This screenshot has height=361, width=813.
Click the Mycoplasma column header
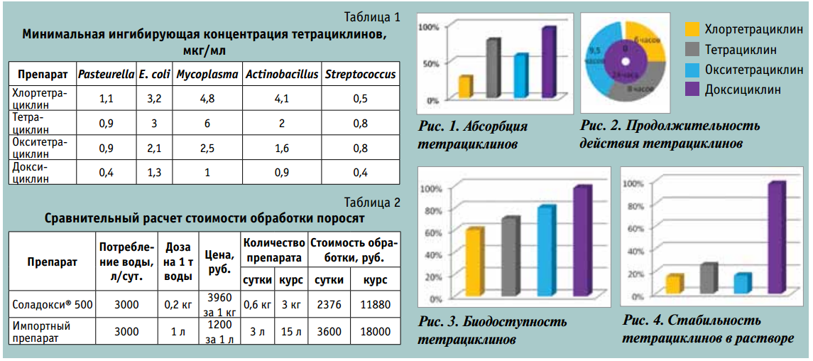tap(207, 74)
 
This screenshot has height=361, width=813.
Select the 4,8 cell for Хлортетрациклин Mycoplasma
tap(207, 99)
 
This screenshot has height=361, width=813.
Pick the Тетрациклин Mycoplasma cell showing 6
tap(207, 123)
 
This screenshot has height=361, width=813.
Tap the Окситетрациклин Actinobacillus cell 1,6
tap(282, 148)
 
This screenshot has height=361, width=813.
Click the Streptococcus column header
tap(360, 74)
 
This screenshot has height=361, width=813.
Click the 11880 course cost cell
tap(375, 305)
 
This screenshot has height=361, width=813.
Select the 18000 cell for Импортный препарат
tap(375, 331)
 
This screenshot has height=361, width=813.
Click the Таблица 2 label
tap(372, 203)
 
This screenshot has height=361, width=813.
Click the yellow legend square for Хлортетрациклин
tap(692, 30)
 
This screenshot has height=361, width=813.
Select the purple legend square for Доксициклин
tap(692, 89)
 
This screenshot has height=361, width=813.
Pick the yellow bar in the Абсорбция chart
tap(465, 86)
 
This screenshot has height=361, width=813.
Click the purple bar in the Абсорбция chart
tap(547, 63)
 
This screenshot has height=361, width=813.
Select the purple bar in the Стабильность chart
tap(776, 238)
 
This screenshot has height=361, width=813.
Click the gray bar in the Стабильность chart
tap(707, 279)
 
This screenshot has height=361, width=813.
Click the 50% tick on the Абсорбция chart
tap(430, 63)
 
